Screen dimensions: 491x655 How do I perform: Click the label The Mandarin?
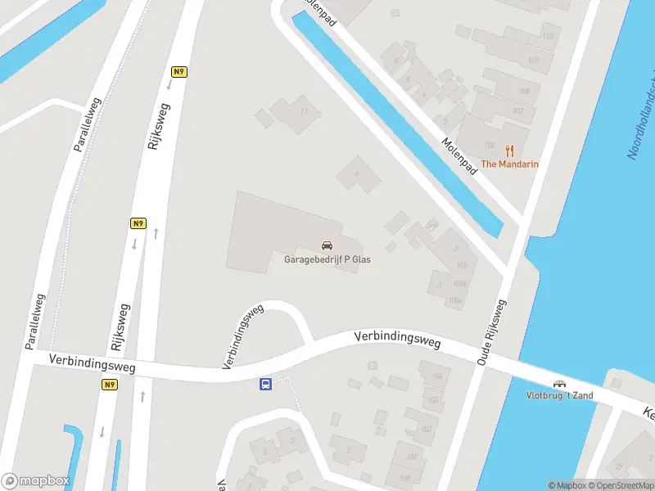509,164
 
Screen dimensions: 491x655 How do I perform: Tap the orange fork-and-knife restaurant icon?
509,150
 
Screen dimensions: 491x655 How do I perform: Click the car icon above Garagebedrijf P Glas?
327,245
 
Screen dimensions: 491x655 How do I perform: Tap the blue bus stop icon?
266,384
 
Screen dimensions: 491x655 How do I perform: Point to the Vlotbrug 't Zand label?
560,396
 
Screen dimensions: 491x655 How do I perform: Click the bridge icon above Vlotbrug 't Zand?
561,384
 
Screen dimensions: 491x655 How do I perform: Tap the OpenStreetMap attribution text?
618,485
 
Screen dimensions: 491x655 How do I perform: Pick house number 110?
547,36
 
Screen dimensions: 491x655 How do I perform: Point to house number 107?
517,111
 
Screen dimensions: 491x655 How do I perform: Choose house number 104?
436,376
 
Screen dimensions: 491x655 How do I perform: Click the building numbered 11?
305,111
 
